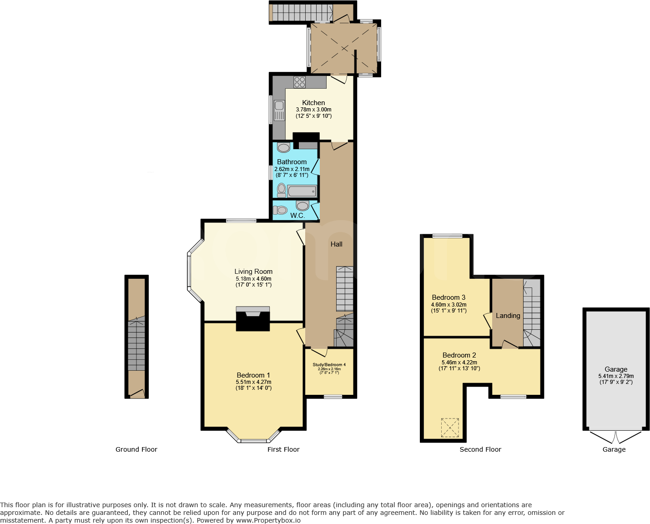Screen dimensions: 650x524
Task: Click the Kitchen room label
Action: coord(313,103)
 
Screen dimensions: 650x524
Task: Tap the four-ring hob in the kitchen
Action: coord(299,82)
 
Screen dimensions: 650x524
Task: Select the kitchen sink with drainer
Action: coord(279,111)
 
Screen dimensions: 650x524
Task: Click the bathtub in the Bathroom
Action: coord(302,191)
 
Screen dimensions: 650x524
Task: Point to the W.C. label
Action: coord(297,215)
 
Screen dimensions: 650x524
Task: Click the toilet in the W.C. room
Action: coord(280,210)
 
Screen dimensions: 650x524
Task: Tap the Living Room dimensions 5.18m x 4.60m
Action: coord(253,279)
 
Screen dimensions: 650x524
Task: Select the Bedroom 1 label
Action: coord(253,375)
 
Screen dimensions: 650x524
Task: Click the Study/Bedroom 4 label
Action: coord(329,364)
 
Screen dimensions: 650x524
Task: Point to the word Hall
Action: coord(337,244)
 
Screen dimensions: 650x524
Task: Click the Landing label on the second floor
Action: coord(508,316)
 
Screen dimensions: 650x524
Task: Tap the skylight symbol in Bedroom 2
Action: coord(450,428)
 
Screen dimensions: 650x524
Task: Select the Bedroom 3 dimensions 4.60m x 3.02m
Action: coord(448,305)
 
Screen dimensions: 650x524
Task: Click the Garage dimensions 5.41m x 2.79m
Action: coord(616,376)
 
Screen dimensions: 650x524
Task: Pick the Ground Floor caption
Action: coord(136,449)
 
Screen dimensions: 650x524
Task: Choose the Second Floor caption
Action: coord(480,449)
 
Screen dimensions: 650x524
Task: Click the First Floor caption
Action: coord(283,449)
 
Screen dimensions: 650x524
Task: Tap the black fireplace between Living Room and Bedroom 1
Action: coord(253,321)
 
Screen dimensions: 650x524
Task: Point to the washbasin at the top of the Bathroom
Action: coord(284,148)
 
